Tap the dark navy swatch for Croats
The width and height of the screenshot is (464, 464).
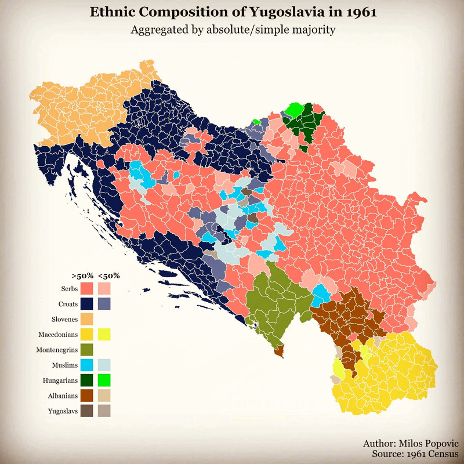(88, 304)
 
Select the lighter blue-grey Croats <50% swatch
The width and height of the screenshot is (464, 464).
(105, 304)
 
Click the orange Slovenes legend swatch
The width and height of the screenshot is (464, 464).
(88, 319)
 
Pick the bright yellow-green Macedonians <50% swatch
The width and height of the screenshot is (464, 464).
(105, 335)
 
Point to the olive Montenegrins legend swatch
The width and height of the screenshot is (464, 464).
(88, 350)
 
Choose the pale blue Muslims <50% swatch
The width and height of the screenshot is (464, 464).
(105, 365)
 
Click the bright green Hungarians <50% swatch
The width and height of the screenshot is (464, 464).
(105, 380)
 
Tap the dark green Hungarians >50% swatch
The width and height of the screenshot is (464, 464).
(88, 380)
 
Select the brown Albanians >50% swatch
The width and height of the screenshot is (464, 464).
(88, 396)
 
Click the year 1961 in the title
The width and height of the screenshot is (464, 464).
(358, 12)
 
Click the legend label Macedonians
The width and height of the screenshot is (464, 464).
(58, 335)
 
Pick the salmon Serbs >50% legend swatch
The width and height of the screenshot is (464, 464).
(88, 288)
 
